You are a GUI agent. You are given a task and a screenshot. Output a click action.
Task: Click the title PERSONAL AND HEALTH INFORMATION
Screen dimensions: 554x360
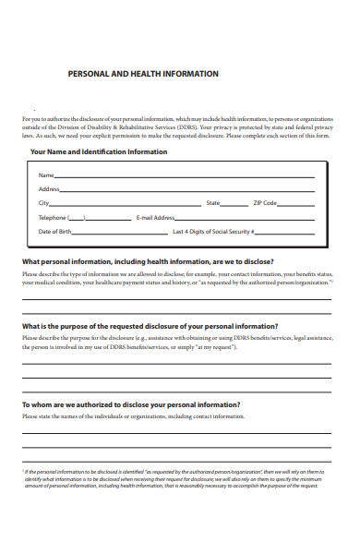pos(143,74)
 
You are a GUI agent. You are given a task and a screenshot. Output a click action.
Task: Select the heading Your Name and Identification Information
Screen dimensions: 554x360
pos(99,151)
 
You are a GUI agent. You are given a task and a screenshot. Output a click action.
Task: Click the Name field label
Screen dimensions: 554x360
pos(46,175)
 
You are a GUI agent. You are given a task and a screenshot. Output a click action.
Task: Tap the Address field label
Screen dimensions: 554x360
pos(50,188)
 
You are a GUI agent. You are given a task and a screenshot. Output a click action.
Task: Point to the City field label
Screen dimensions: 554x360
pos(43,202)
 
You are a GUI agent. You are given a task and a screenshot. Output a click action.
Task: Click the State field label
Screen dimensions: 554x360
pos(213,202)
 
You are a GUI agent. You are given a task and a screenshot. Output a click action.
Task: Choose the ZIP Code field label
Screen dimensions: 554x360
pos(265,202)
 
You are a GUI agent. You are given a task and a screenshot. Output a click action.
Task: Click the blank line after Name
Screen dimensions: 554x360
pos(185,176)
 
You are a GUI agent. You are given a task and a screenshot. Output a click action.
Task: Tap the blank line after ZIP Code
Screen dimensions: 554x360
pos(295,204)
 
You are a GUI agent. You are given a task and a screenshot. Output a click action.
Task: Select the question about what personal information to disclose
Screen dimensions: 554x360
pos(148,261)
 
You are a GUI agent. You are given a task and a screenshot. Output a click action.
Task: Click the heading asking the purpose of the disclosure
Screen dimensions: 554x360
pos(150,326)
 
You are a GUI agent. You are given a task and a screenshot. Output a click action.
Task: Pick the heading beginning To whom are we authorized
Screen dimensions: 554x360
pos(131,404)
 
